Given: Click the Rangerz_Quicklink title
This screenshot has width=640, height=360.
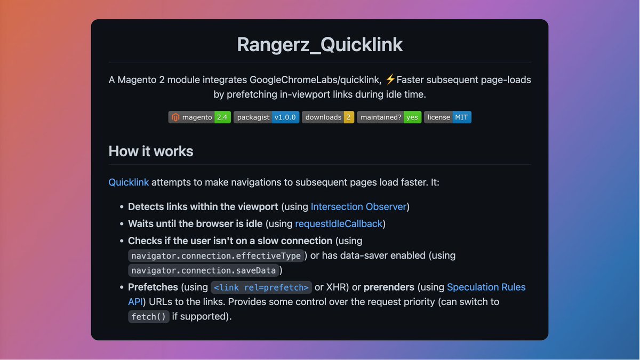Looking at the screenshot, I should point(319,44).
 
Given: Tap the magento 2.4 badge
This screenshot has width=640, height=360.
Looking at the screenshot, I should point(199,117).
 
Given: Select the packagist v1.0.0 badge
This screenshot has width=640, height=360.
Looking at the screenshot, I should point(266,117).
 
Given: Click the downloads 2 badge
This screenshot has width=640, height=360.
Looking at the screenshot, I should point(328,117).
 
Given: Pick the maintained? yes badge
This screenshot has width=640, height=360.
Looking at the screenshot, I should point(389,117).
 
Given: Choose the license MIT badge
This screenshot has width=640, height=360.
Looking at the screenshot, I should point(447,117).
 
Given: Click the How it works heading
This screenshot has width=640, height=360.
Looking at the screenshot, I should point(151,151).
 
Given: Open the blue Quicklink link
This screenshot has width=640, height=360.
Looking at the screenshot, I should point(129,182).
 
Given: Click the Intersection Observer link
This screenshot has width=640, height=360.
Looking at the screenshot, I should point(358,207).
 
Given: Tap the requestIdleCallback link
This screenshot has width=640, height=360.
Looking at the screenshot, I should point(339,224).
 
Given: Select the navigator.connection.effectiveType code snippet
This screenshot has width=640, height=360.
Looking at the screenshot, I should point(216,256).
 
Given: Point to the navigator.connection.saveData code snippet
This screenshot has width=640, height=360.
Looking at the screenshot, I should point(203,270).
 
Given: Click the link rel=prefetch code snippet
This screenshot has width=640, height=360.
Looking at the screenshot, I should point(261,287).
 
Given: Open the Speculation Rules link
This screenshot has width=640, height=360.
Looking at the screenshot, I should point(486,287).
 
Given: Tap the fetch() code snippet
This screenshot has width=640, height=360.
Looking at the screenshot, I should point(148,317).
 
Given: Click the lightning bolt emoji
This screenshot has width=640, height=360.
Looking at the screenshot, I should point(390,80).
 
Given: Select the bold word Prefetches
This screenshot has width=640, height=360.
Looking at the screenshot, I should point(153,287).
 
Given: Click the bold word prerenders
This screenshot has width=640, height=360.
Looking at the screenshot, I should point(389,287).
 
